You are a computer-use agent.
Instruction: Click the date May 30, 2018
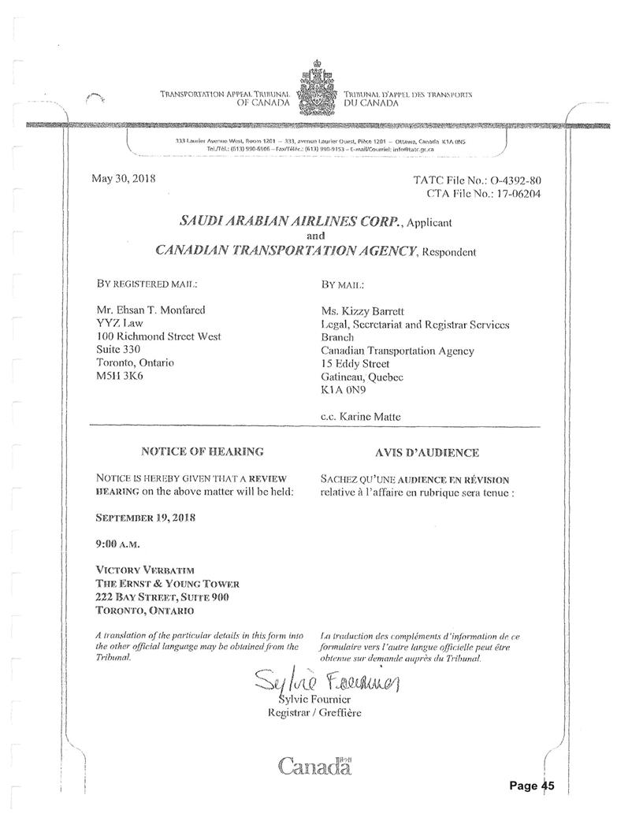click(x=125, y=179)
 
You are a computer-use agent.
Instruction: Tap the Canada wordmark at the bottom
click(x=315, y=765)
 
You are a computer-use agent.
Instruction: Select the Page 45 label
click(x=532, y=786)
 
